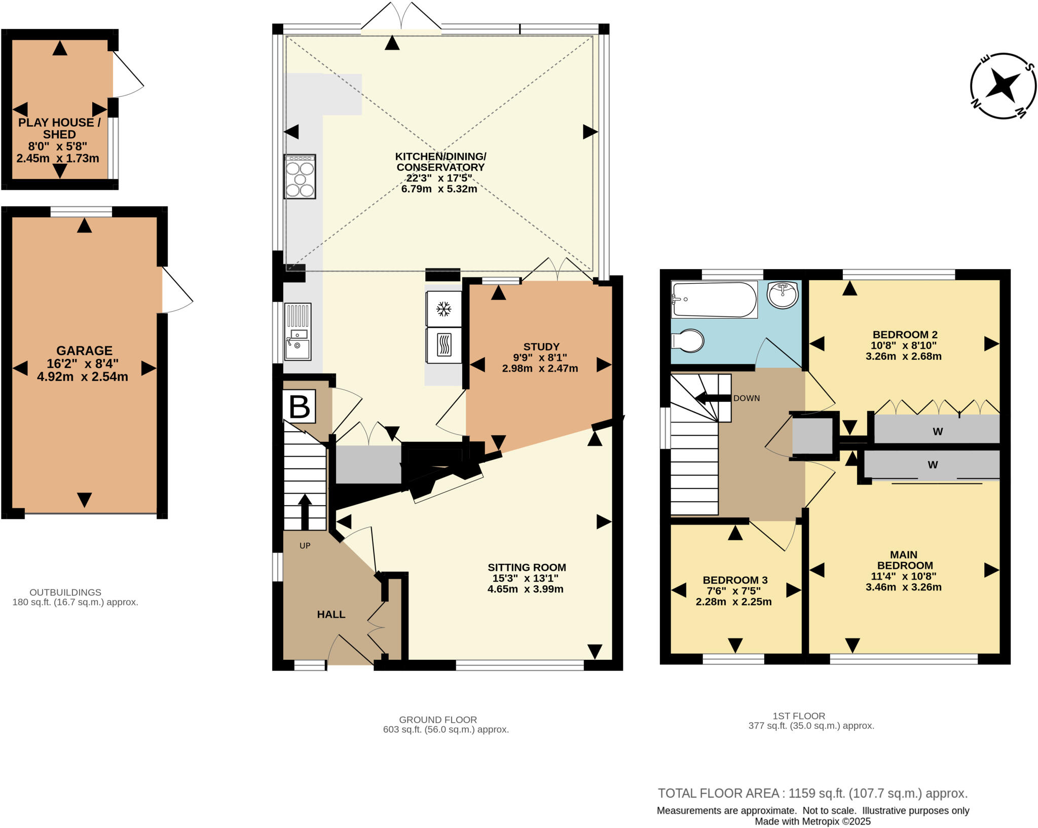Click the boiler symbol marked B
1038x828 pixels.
[299, 406]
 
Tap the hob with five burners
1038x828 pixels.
[300, 176]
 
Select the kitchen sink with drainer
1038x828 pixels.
[298, 332]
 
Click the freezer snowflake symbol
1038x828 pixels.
[444, 309]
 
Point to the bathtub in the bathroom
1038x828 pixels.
[714, 300]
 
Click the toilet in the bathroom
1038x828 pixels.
[688, 341]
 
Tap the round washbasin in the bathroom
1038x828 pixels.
[782, 295]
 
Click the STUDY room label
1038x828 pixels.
[541, 347]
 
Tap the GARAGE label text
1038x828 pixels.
[84, 351]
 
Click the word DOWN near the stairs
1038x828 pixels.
[746, 398]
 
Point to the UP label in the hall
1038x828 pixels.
[305, 546]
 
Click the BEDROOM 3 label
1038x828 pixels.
[735, 580]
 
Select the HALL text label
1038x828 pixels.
[331, 614]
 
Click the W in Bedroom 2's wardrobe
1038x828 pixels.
[938, 432]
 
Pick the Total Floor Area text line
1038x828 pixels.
[812, 794]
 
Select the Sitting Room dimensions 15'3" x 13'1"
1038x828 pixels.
[526, 578]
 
